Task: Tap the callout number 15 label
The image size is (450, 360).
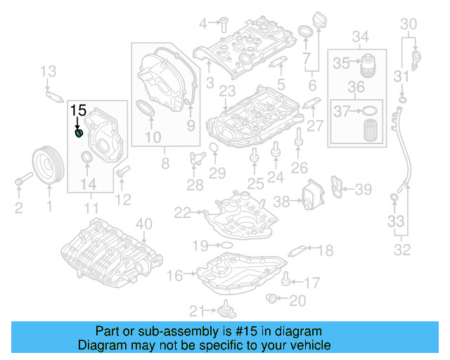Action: (78, 110)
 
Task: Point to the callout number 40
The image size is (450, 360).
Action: (143, 224)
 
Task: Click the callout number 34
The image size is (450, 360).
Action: (361, 37)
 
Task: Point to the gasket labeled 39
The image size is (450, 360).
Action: (339, 188)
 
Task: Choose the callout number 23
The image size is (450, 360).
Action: (226, 91)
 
